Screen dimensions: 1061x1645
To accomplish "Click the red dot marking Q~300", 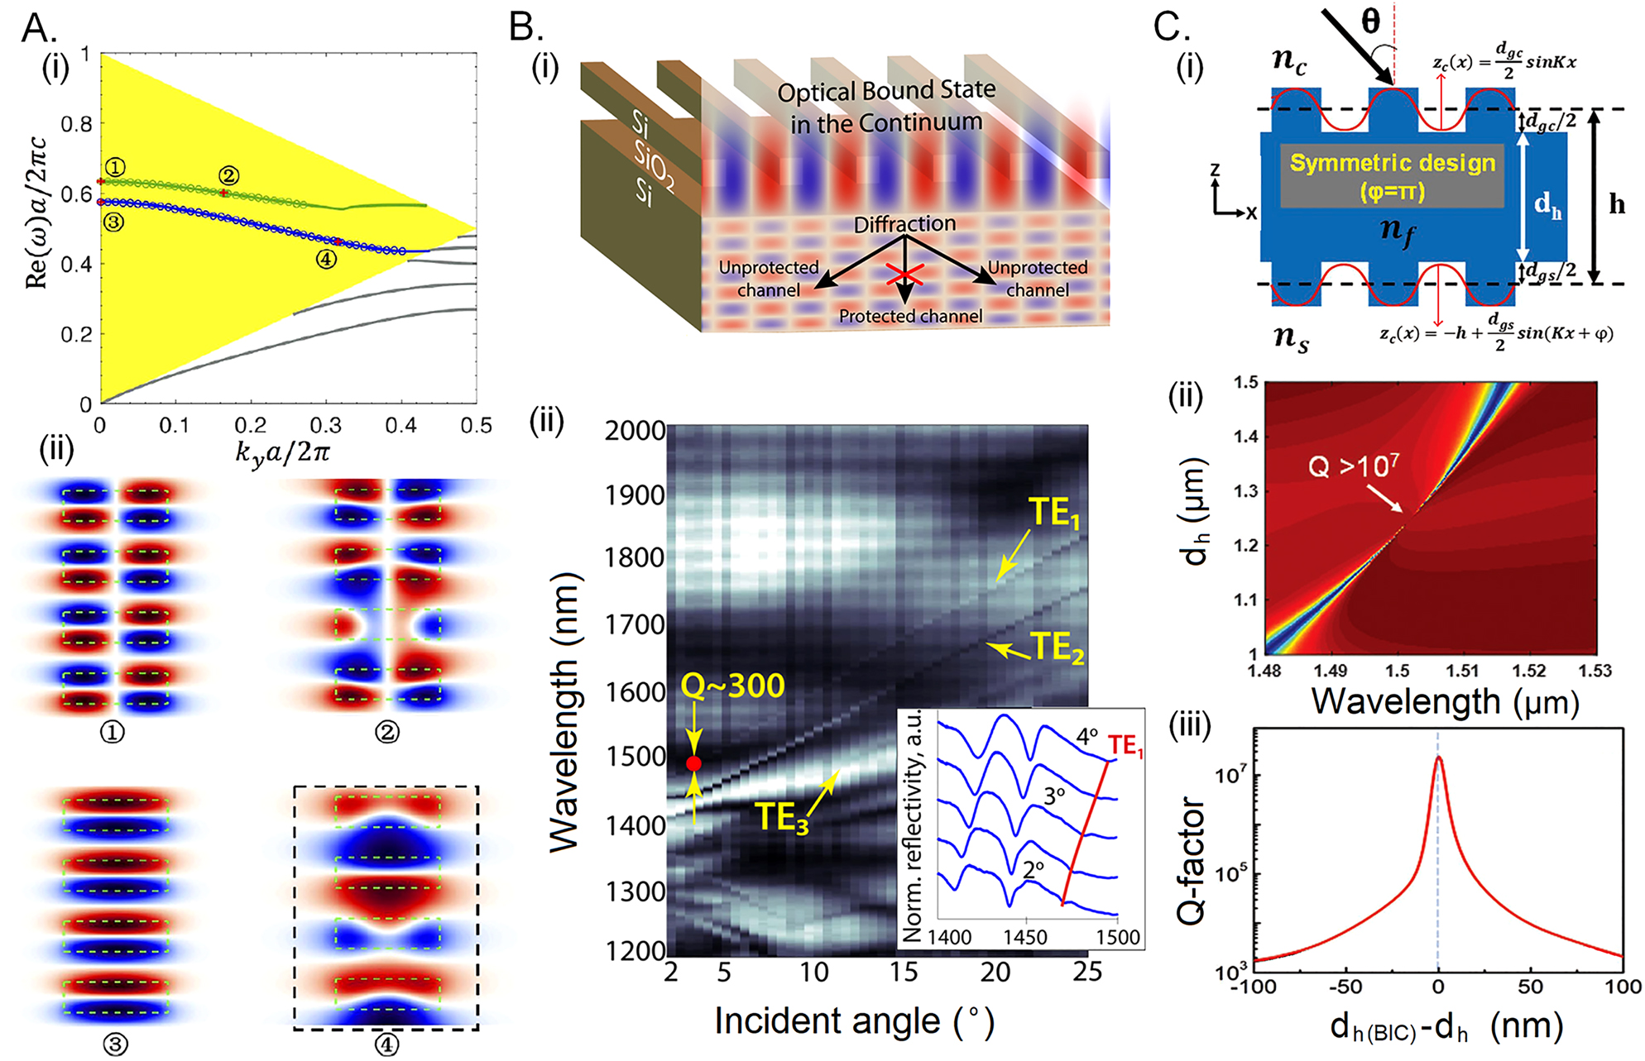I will [x=693, y=763].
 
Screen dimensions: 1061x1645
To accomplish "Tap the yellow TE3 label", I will [x=782, y=816].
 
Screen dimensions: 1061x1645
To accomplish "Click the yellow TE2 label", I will [x=1057, y=648].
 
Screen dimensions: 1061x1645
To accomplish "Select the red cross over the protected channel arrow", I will [x=904, y=275].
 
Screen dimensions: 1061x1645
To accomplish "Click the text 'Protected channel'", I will [x=910, y=316].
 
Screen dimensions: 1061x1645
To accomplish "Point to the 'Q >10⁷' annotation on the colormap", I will [x=1353, y=467].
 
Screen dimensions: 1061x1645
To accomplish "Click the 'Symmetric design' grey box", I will [x=1392, y=175].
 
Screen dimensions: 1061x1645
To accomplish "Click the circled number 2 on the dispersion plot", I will [x=229, y=175].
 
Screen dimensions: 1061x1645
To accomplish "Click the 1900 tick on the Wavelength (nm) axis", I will [x=634, y=495].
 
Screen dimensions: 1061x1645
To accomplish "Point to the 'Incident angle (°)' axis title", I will [x=853, y=1021].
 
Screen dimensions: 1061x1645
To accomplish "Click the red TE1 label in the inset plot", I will [x=1125, y=746].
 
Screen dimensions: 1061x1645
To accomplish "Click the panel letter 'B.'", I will [x=526, y=27].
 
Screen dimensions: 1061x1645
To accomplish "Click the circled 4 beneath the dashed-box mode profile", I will [x=386, y=1045].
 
